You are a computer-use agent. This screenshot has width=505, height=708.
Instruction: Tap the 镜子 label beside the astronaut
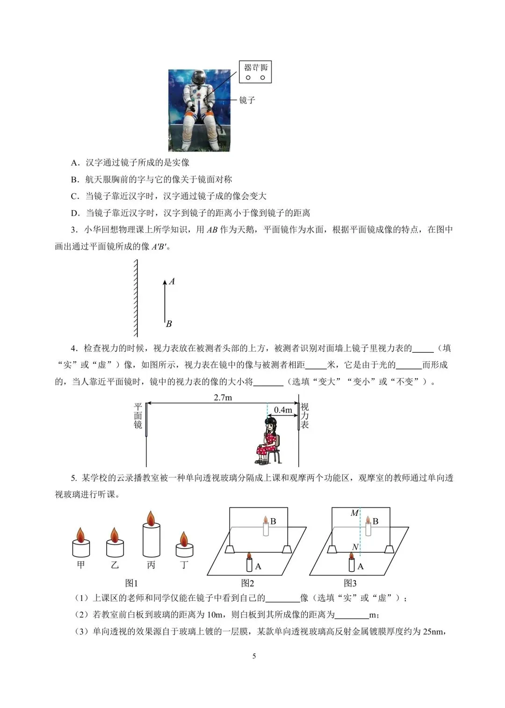pyautogui.click(x=247, y=100)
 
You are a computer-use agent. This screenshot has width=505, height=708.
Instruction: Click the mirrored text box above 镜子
pyautogui.click(x=255, y=72)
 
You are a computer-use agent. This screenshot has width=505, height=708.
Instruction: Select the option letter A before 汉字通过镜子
pyautogui.click(x=75, y=163)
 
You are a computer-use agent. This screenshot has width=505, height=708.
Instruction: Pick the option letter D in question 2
pyautogui.click(x=75, y=213)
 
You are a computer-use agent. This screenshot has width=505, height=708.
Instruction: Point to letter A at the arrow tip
pyautogui.click(x=172, y=282)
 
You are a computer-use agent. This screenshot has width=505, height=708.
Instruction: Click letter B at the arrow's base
pyautogui.click(x=169, y=324)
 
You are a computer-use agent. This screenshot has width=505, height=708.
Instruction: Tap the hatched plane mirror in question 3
pyautogui.click(x=136, y=297)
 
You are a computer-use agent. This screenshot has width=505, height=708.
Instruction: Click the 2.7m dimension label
pyautogui.click(x=223, y=397)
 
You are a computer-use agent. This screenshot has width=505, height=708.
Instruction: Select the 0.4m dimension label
pyautogui.click(x=283, y=410)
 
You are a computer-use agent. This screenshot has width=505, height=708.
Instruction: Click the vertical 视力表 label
pyautogui.click(x=305, y=416)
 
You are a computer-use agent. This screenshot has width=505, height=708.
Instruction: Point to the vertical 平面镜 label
pyautogui.click(x=138, y=416)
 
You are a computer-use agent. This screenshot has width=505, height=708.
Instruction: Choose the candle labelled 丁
pyautogui.click(x=184, y=546)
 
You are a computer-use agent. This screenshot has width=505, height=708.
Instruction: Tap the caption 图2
pyautogui.click(x=248, y=583)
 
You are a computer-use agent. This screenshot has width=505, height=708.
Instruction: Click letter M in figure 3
pyautogui.click(x=354, y=513)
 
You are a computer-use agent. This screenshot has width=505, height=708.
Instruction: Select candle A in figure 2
pyautogui.click(x=249, y=562)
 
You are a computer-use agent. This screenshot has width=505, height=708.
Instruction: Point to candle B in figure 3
pyautogui.click(x=368, y=527)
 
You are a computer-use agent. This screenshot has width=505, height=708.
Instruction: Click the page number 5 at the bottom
pyautogui.click(x=254, y=656)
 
